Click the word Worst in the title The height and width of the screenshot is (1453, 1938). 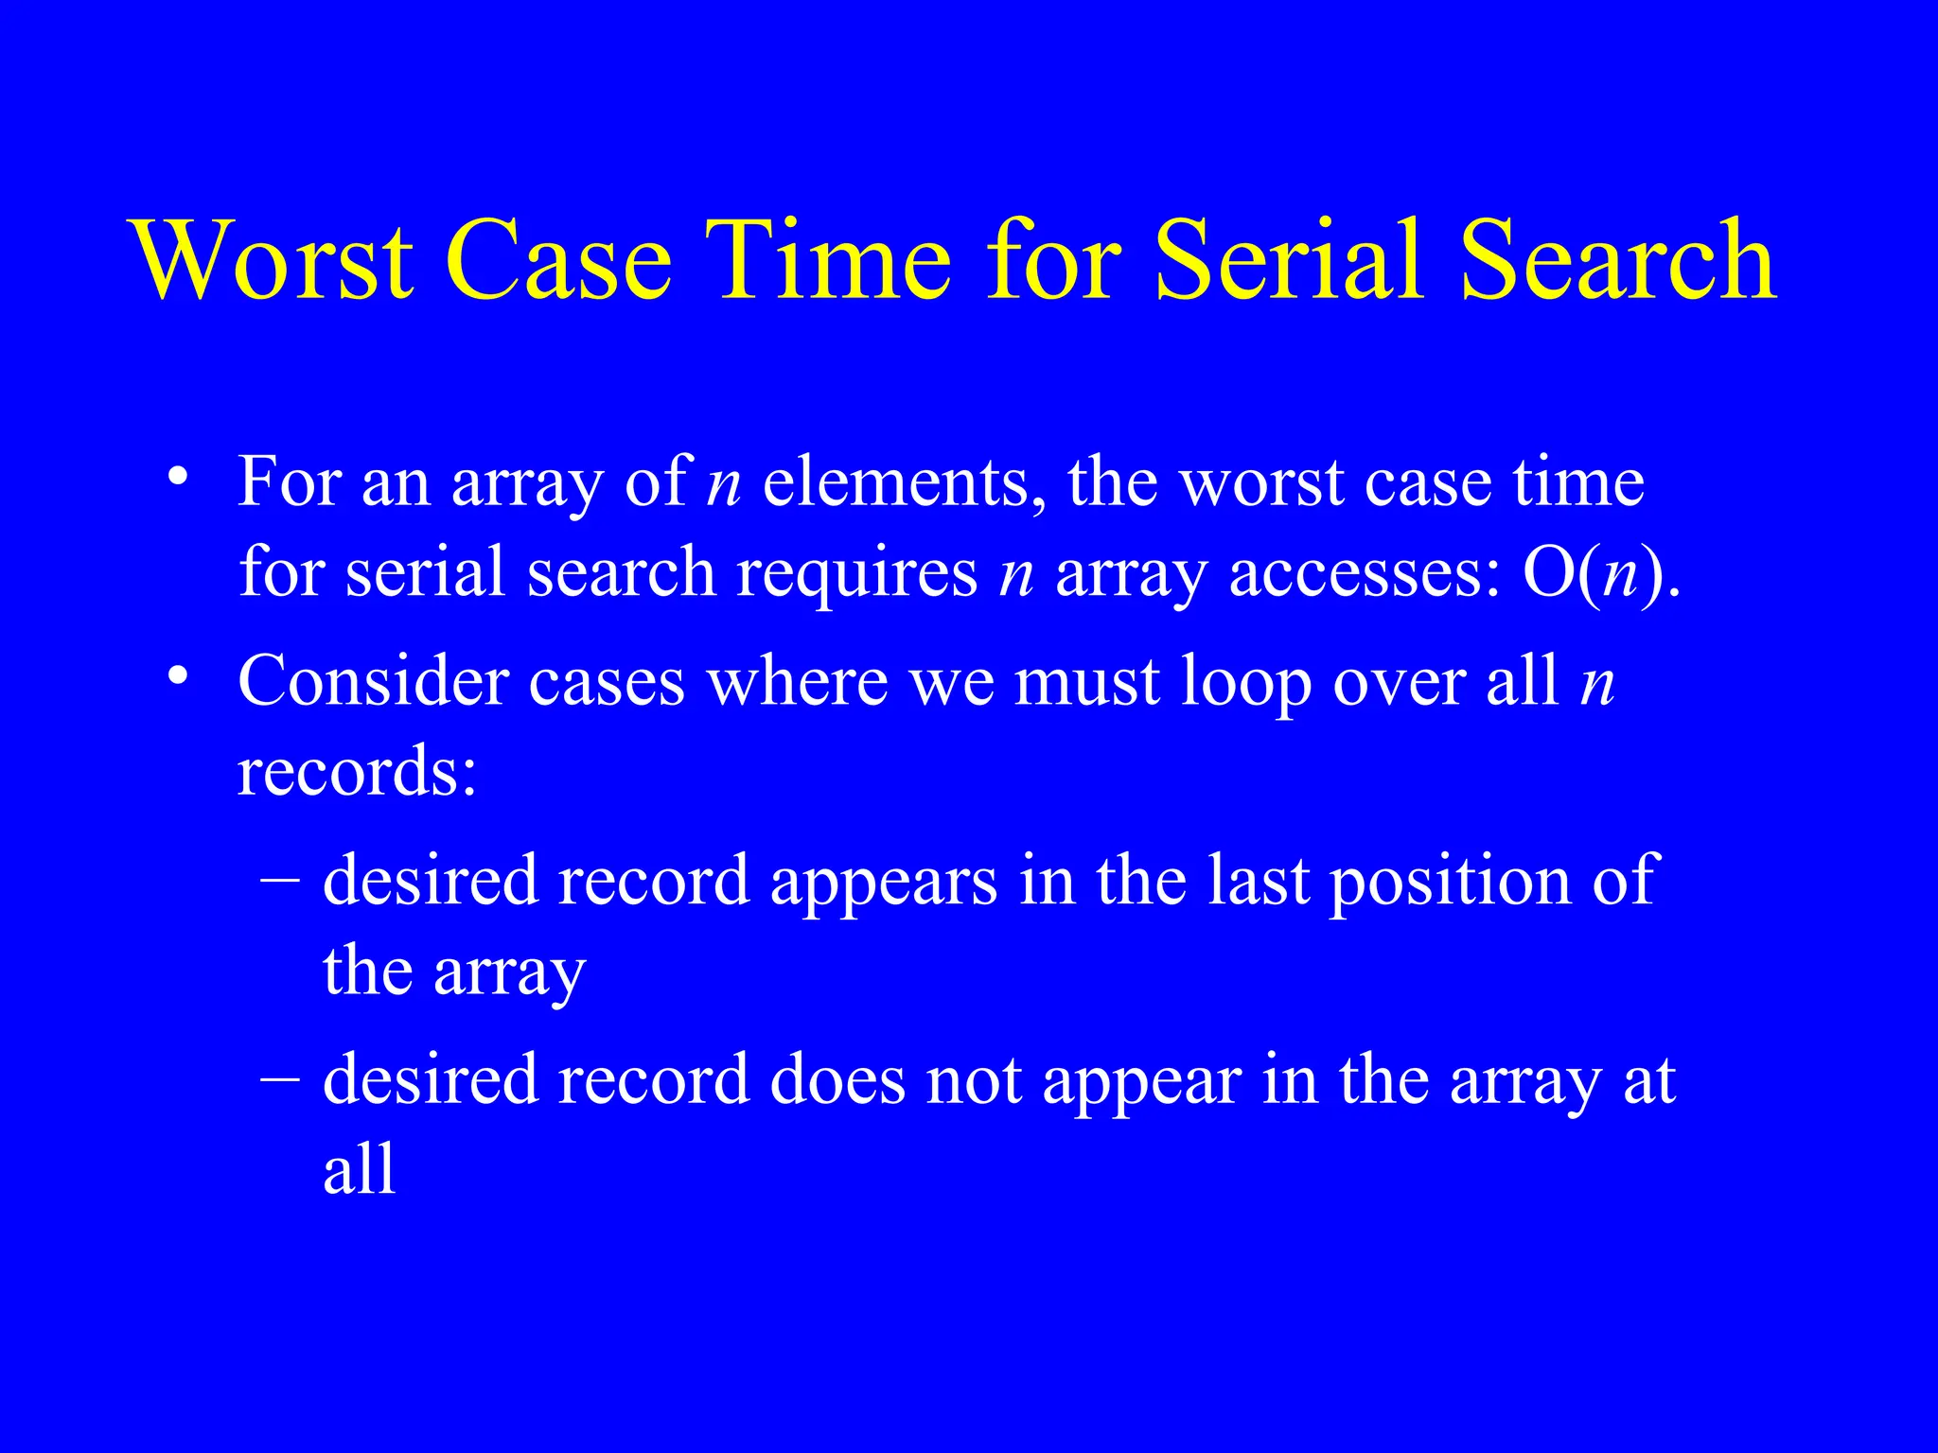click(273, 259)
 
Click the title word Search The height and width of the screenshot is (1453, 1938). click(1617, 259)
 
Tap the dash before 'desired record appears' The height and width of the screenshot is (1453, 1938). click(280, 880)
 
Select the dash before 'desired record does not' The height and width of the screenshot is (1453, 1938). click(280, 1078)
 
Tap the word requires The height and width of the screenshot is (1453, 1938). click(857, 573)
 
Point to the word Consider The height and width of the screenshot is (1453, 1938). click(373, 680)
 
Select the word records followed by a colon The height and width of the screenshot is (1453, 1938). click(356, 771)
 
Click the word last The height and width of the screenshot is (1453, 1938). click(1259, 880)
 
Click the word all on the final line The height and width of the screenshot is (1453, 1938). click(359, 1169)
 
